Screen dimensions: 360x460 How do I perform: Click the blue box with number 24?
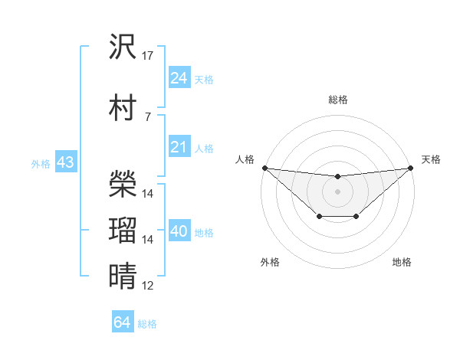coord(179,78)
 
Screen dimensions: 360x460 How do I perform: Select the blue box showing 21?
coord(179,148)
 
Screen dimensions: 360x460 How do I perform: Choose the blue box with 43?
coord(65,163)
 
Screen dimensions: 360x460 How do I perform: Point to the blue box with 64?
coord(122,322)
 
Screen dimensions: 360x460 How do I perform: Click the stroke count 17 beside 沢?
coord(148,55)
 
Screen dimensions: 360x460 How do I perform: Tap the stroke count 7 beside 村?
coord(148,116)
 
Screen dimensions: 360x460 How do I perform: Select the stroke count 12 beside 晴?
coord(148,286)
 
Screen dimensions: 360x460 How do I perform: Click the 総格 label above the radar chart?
coord(337,100)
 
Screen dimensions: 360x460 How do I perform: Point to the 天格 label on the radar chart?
coord(431,159)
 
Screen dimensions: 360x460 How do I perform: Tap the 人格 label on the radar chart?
coord(245,159)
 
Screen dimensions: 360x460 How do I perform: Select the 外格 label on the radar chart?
coord(270,262)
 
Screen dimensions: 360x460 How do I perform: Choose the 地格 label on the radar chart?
coord(402,262)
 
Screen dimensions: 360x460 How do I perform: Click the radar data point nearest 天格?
coord(411,168)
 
